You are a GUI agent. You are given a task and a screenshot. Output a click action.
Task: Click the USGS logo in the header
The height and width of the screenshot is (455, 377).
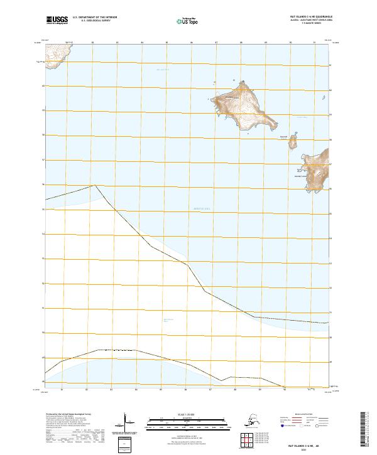(56, 21)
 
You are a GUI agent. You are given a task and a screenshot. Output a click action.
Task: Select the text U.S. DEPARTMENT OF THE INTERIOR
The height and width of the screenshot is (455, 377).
(96, 18)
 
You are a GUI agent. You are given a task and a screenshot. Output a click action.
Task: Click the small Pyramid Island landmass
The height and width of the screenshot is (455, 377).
(292, 143)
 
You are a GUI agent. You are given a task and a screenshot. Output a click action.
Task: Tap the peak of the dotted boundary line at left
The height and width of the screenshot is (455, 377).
(94, 185)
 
